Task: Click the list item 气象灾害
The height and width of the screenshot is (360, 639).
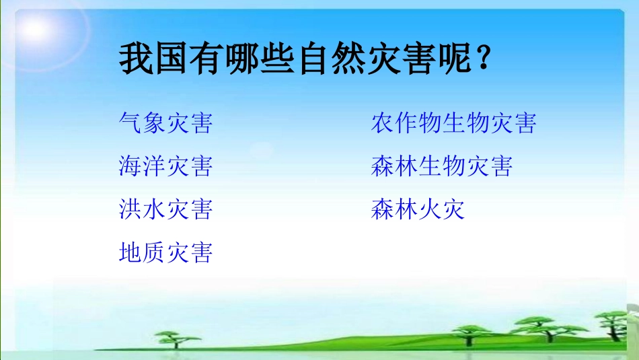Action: tap(165, 123)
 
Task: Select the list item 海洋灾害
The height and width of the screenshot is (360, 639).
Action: tap(165, 166)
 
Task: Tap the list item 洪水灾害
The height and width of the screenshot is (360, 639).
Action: tap(165, 209)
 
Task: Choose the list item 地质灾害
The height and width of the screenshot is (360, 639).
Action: tap(165, 252)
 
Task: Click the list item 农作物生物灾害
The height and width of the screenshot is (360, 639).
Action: tap(453, 123)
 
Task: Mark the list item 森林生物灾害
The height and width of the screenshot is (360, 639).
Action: tap(441, 166)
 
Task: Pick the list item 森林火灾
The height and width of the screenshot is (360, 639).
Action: tap(418, 209)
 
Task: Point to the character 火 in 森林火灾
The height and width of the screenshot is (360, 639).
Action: tap(430, 209)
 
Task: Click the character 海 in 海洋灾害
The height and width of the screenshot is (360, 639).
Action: tap(130, 166)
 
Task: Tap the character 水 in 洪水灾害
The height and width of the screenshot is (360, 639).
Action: tap(153, 209)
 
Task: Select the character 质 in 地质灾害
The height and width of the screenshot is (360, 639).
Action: tap(153, 252)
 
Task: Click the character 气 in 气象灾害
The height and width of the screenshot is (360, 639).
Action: tap(130, 123)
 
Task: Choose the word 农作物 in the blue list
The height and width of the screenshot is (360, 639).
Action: tap(406, 123)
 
